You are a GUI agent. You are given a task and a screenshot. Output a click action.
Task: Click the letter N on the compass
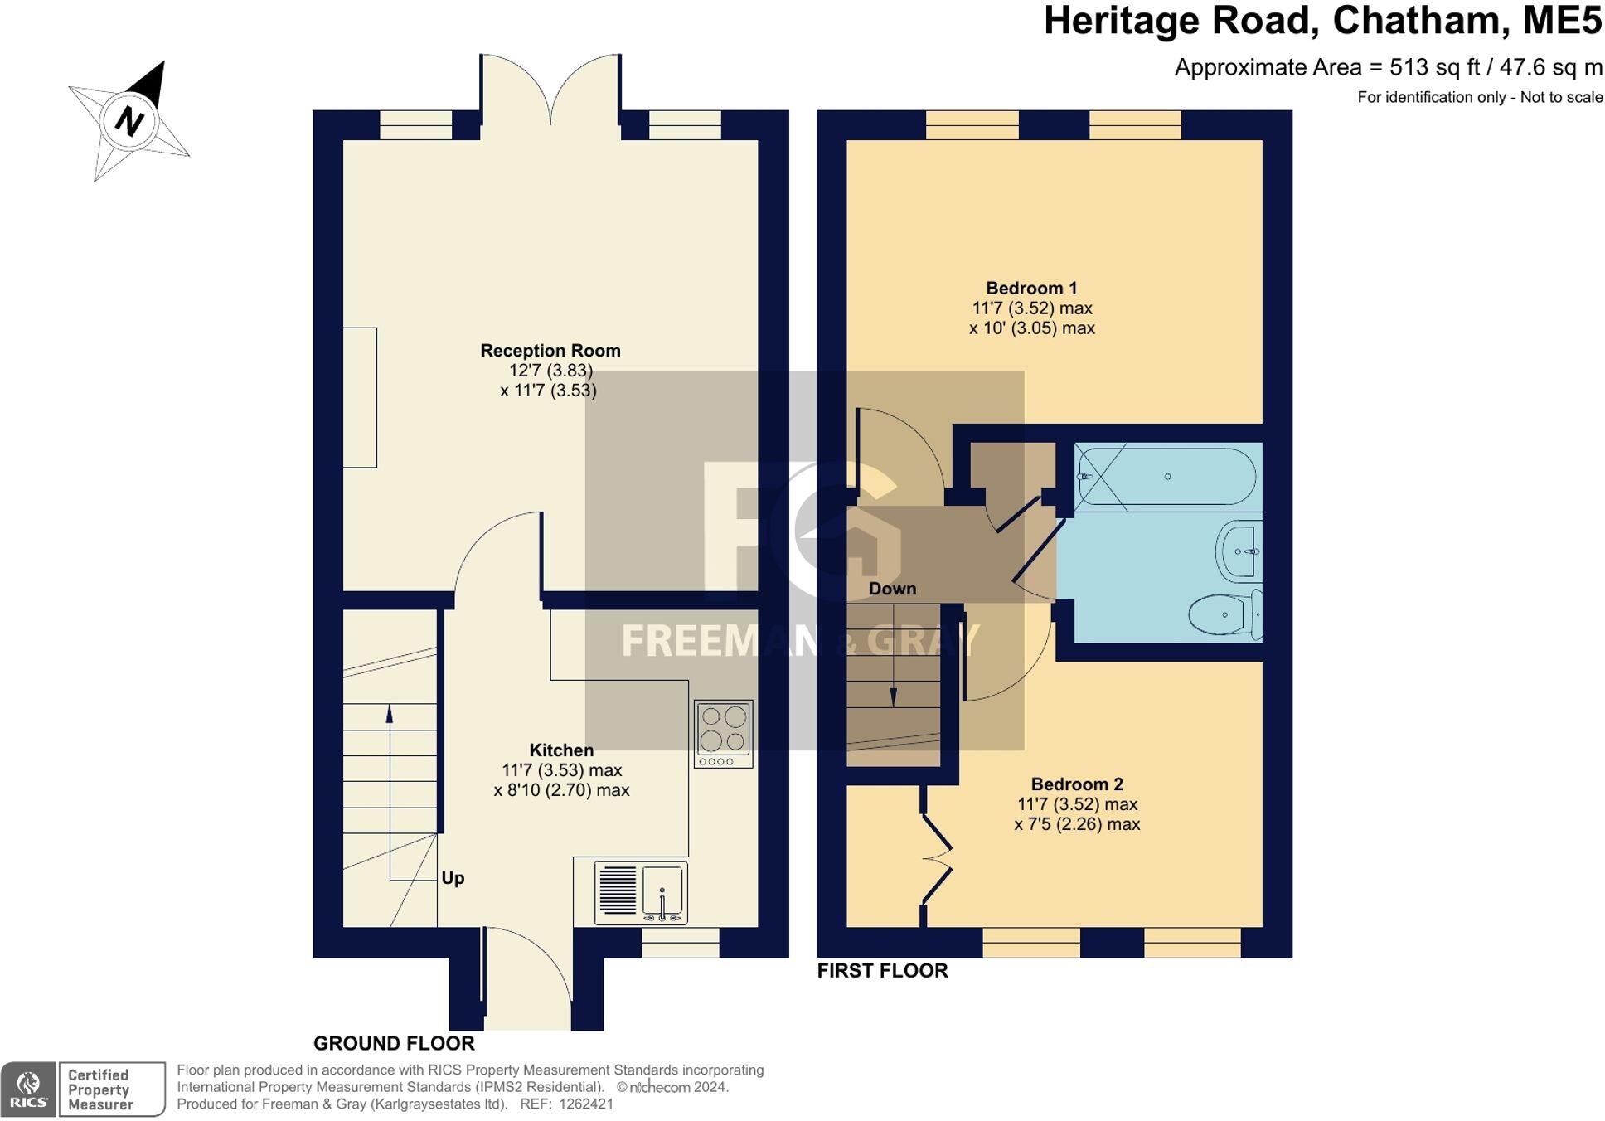(x=128, y=121)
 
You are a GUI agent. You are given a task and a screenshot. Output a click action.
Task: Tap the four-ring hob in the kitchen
(x=723, y=733)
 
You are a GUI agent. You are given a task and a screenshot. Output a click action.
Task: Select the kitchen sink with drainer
(x=641, y=893)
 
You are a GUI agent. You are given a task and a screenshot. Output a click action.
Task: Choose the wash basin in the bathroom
(x=1240, y=551)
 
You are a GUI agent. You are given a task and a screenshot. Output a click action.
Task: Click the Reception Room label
(x=550, y=351)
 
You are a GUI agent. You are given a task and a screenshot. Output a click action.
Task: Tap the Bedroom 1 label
(x=1030, y=289)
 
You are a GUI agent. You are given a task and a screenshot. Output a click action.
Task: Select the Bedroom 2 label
(x=1076, y=784)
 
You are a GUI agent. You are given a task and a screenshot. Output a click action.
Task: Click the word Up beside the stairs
(x=453, y=878)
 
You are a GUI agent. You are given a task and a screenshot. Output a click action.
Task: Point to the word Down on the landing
(x=892, y=589)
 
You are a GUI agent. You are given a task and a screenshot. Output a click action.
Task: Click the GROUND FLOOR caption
(x=394, y=1043)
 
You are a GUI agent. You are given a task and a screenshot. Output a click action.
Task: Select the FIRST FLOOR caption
(x=882, y=970)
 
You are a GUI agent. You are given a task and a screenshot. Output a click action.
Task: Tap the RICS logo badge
(x=28, y=1089)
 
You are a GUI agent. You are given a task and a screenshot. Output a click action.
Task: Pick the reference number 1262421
(x=586, y=1104)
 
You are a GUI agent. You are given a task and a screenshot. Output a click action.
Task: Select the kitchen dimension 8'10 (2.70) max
(x=561, y=790)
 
